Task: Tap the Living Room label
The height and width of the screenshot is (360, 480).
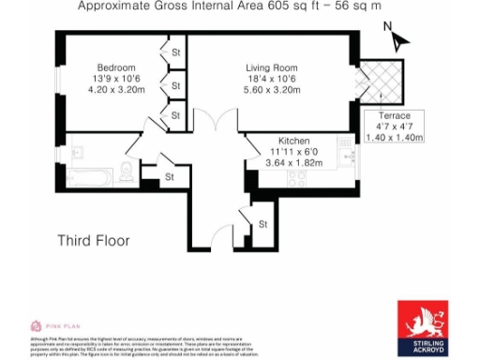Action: point(272,67)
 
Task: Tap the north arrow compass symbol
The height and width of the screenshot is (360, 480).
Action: point(397,39)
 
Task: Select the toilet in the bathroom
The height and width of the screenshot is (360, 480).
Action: point(126,171)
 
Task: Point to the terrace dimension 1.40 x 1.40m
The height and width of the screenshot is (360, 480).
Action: point(394,137)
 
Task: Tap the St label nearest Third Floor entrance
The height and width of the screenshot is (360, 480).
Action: point(263,224)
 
